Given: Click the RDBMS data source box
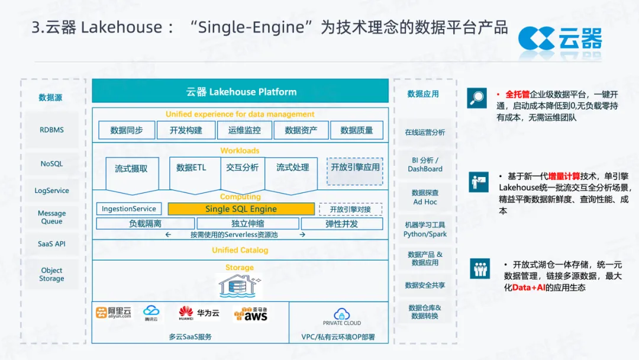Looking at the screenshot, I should coord(51,130).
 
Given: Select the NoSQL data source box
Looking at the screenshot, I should coord(51,163).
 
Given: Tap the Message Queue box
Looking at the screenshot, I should coord(51,217).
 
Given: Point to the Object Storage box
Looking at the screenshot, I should coord(51,275).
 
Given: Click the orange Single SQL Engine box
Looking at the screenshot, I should coord(241,209).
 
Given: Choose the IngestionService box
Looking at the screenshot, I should coord(129,209).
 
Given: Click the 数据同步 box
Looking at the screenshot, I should coord(127,130).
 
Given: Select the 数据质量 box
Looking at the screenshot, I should coord(357,130).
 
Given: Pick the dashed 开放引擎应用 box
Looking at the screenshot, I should coord(355,168).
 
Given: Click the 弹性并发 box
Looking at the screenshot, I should coord(341,224).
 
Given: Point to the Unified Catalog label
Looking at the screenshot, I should coord(240,250).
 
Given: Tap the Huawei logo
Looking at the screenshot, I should coord(186,313).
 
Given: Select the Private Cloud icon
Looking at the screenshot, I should coord(342,316).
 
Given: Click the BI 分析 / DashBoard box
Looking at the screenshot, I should coord(425,165).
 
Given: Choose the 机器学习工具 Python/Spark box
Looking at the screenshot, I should coord(425,230).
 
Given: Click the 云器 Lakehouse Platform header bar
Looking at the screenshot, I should coord(240,92).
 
